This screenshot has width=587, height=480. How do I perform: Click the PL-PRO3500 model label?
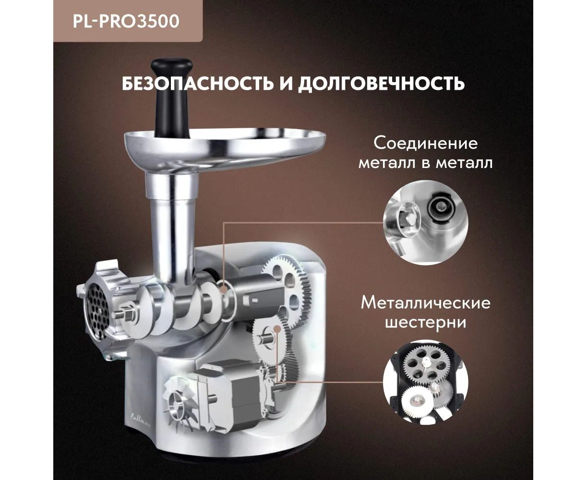(x=126, y=21)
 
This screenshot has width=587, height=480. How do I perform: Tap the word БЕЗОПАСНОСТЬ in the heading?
(x=198, y=83)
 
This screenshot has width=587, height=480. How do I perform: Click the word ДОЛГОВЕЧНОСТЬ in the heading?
(x=381, y=83)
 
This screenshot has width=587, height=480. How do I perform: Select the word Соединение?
(x=426, y=144)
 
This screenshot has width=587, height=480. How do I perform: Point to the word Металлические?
(x=426, y=303)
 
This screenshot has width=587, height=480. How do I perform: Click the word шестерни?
(x=426, y=323)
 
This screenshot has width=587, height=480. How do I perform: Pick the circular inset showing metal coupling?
(x=426, y=222)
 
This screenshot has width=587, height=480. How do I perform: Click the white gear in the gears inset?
(x=416, y=401)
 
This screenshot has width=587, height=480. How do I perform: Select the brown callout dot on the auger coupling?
(x=223, y=290)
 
